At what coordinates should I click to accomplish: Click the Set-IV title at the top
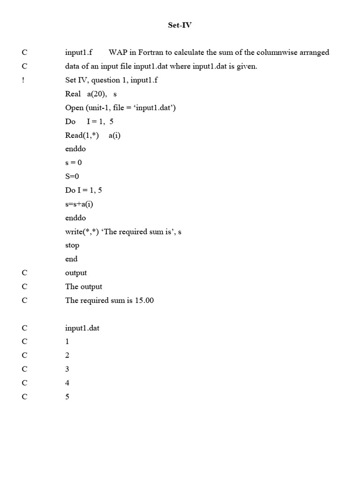coord(180,25)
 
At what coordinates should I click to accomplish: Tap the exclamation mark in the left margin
coord(23,80)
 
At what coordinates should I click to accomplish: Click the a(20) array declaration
coord(97,94)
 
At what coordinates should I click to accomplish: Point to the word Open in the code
coord(74,108)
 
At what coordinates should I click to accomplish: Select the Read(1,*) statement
coord(82,135)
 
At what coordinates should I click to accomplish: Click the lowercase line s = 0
coord(74,163)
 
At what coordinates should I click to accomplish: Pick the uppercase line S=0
coord(72,176)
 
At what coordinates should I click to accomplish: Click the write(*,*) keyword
coord(82,232)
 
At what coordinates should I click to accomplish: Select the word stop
coord(72,245)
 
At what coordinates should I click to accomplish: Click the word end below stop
coord(71,259)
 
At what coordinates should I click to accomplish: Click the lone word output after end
coord(76,273)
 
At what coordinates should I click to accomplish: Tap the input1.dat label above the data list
coord(82,328)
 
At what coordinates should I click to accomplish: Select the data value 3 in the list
coord(67,369)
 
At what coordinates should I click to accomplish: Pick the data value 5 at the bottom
coord(67,397)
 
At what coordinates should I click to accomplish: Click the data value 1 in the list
coord(67,342)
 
